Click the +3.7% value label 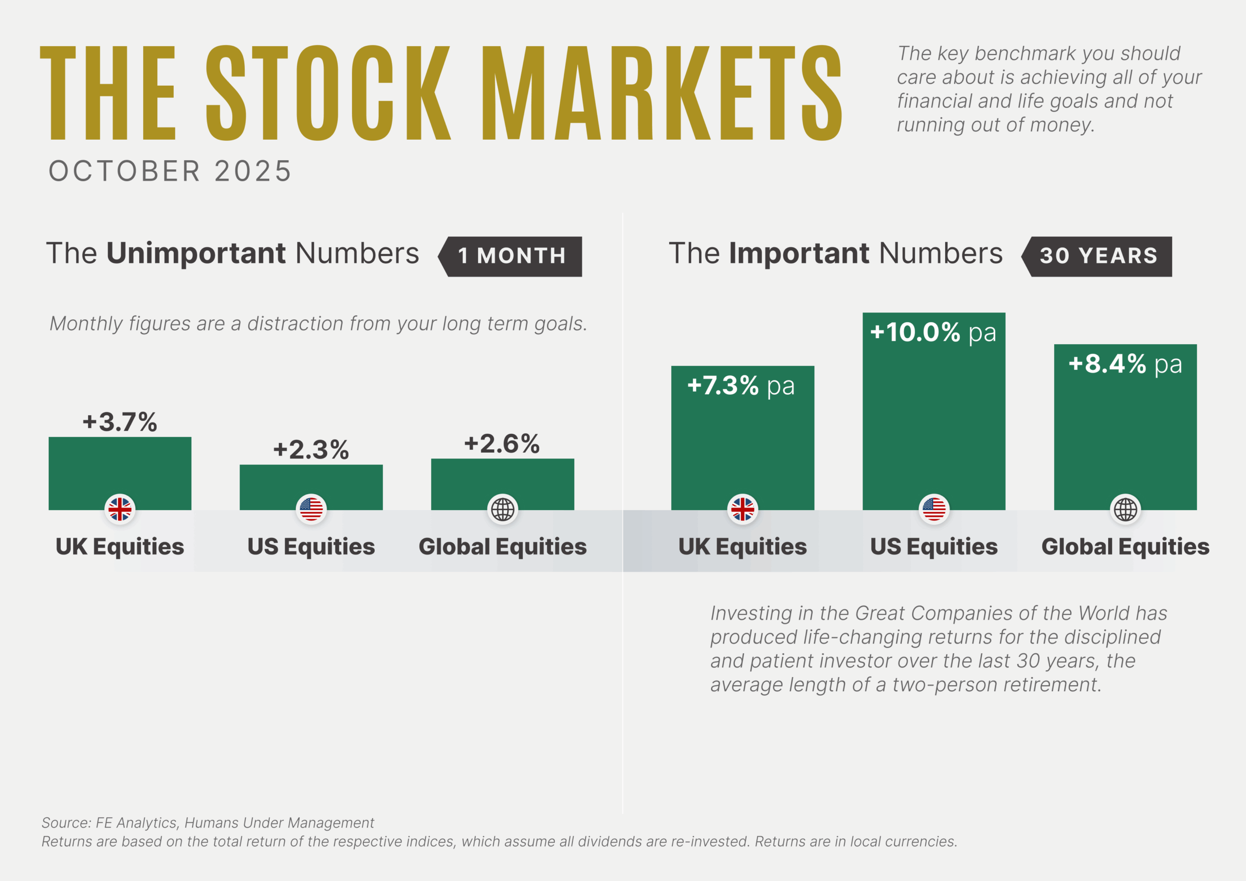(120, 422)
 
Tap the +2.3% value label (311, 449)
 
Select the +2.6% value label (502, 443)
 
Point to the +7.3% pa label (741, 386)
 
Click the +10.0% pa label (933, 332)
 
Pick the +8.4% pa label (1124, 364)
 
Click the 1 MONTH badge (511, 256)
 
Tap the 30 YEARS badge (1098, 256)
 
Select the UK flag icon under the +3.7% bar (120, 509)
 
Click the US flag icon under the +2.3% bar (311, 509)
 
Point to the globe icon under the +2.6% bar (502, 509)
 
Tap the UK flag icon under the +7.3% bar (742, 509)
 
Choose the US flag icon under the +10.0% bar (934, 509)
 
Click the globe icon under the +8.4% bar (1125, 509)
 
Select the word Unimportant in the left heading (196, 254)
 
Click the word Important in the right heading (800, 254)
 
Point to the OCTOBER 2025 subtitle (170, 171)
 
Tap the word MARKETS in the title (661, 93)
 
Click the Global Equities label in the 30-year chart (1125, 547)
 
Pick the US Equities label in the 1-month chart (311, 547)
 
